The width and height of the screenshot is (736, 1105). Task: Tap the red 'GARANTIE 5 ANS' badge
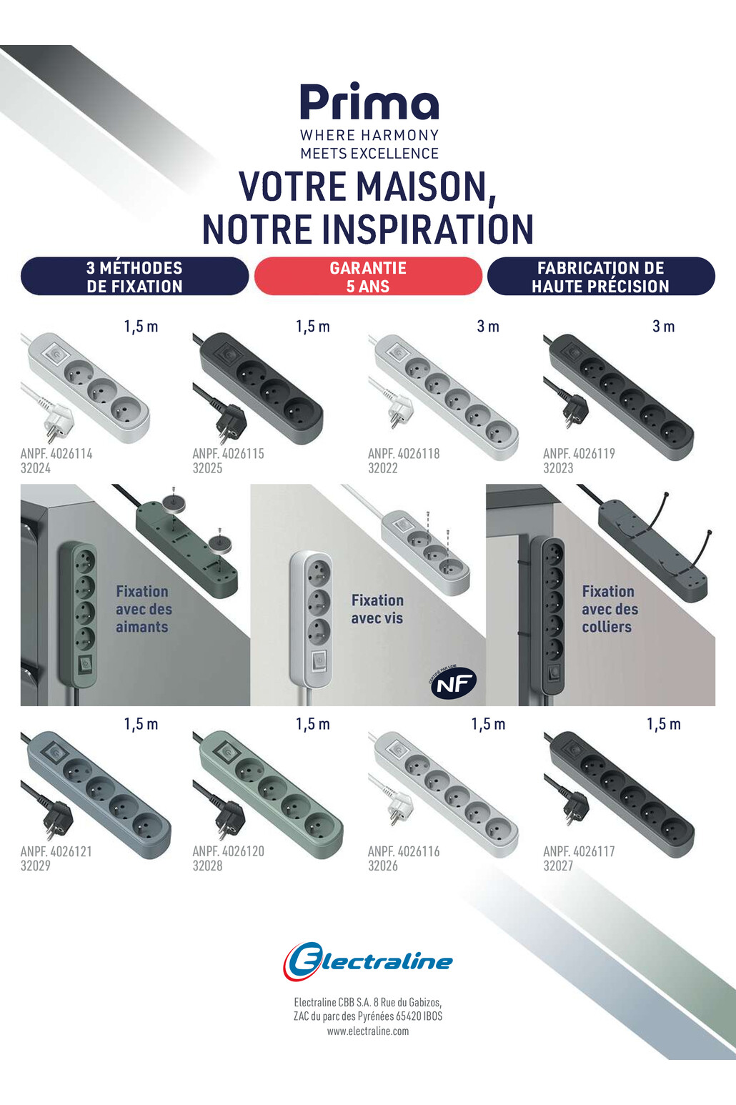tap(368, 276)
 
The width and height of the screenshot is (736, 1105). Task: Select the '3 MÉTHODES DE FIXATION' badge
tap(134, 276)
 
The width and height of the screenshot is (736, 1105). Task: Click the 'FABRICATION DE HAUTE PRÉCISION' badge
tap(601, 276)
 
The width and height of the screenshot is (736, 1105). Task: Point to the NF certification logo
tap(453, 683)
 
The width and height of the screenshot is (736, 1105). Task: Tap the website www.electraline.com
tap(368, 1031)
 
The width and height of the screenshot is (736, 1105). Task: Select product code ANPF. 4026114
tap(56, 453)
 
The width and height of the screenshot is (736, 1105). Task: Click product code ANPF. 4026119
tap(579, 453)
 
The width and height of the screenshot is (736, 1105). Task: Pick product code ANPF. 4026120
tap(229, 851)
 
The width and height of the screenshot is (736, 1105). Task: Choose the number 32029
tap(36, 866)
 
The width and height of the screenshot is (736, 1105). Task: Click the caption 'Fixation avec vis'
tap(377, 609)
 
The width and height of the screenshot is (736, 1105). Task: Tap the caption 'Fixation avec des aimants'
tap(144, 609)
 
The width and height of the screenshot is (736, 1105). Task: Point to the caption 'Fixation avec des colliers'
tap(610, 609)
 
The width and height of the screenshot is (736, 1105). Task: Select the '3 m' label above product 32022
tap(488, 327)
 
